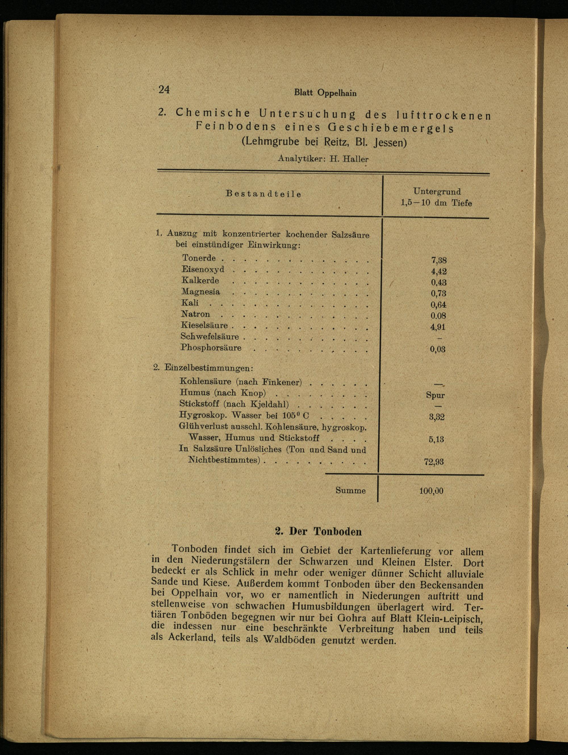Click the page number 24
coord(164,89)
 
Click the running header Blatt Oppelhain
coord(325,93)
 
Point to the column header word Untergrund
coord(437,192)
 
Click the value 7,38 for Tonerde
coord(439,261)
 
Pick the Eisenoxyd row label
coord(203,269)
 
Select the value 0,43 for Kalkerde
coord(438,283)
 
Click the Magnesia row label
coord(201,292)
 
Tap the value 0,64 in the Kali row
coord(438,305)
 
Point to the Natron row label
coord(195,314)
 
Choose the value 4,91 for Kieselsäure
coord(438,327)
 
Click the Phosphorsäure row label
coord(211,348)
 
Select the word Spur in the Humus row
coord(435,395)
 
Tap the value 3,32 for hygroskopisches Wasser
coord(437,417)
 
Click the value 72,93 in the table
coord(434,462)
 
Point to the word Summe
coord(350,490)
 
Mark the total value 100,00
coord(431,491)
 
